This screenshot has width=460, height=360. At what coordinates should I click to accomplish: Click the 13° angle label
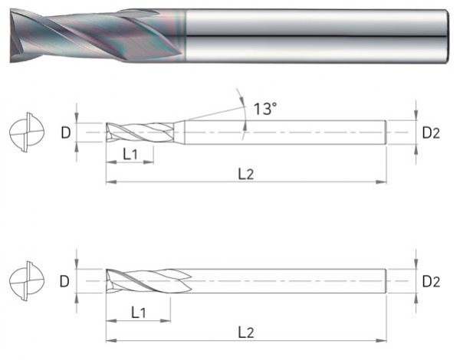click(264, 109)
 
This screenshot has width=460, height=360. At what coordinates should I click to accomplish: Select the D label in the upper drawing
click(66, 133)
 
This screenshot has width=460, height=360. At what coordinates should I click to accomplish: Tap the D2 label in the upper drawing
click(431, 133)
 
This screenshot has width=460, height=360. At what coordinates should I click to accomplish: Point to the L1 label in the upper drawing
click(130, 154)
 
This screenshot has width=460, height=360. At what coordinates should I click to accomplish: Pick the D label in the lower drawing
click(66, 282)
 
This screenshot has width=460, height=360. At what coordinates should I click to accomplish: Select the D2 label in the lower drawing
click(431, 282)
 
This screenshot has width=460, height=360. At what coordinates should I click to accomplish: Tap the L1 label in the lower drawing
click(139, 312)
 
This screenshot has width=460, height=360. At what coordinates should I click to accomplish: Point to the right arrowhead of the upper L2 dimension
click(383, 182)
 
